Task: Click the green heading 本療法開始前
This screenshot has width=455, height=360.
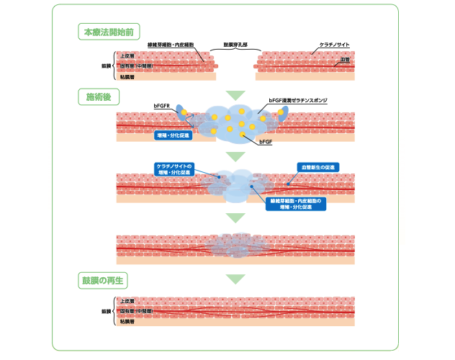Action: click(x=108, y=32)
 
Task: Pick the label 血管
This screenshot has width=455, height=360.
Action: click(x=344, y=61)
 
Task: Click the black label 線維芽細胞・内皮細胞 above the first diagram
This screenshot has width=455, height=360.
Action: click(x=170, y=45)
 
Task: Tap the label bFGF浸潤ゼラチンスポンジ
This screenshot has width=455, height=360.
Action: click(x=298, y=101)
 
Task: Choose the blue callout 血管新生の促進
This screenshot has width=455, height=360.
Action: click(x=317, y=167)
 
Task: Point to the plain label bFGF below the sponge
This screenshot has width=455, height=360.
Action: click(x=265, y=144)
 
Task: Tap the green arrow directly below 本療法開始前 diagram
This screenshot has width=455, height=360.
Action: click(x=235, y=95)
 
